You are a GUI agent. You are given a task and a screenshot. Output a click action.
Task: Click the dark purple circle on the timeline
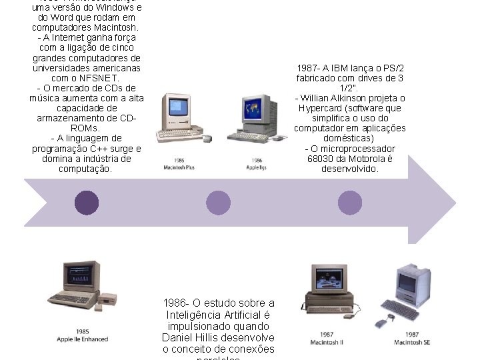(x=87, y=203)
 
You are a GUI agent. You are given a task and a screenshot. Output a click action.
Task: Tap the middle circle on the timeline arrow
(x=219, y=203)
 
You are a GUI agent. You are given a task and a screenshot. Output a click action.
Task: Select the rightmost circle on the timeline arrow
(x=350, y=203)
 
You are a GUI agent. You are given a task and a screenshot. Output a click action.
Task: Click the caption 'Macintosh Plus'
(x=179, y=167)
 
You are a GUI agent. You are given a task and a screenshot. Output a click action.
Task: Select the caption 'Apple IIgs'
(x=257, y=167)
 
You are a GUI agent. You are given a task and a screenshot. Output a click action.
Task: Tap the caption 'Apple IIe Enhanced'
(x=82, y=339)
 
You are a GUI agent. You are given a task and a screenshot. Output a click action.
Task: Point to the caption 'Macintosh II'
(x=327, y=343)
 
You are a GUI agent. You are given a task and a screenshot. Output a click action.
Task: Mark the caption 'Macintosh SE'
(x=411, y=343)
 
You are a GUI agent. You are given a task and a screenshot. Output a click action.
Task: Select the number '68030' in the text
(x=321, y=159)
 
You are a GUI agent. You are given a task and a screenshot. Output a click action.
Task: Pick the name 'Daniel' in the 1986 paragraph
(x=178, y=337)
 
